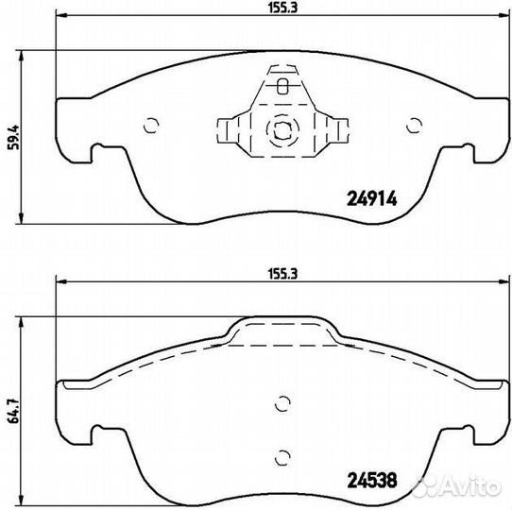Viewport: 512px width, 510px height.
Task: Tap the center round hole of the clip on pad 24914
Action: [280, 128]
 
